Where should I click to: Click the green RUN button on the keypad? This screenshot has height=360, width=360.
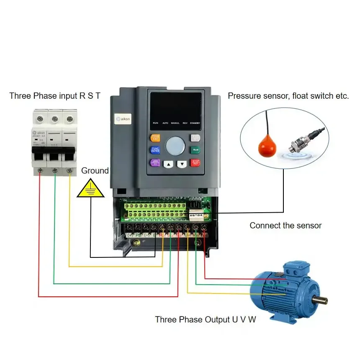click(195, 150)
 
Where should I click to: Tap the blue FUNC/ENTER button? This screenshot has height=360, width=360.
click(155, 150)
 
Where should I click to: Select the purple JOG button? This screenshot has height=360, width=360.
click(155, 163)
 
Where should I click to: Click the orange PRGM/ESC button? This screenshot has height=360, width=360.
click(155, 138)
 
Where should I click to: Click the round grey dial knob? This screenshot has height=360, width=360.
click(175, 146)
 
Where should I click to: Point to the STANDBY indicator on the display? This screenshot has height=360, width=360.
click(195, 123)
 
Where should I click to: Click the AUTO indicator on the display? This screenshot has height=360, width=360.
click(165, 123)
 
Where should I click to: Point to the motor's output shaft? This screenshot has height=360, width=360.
click(320, 300)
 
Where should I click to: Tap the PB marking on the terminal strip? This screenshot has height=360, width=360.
click(138, 236)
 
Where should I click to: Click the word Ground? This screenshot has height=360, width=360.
click(95, 171)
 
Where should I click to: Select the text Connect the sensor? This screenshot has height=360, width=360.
click(285, 226)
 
